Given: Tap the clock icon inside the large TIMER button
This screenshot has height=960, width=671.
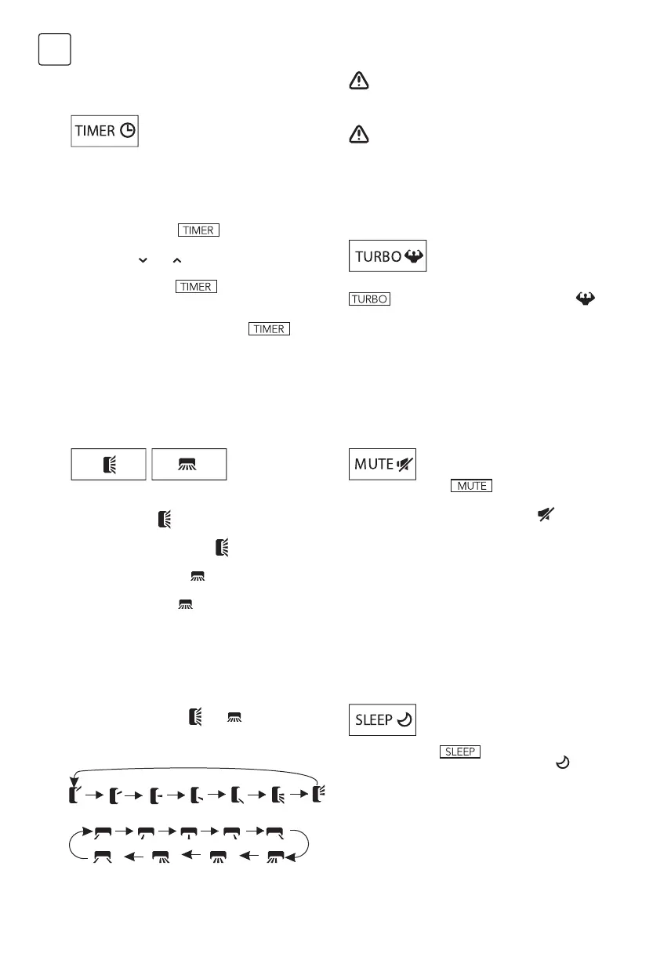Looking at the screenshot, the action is coord(126,132).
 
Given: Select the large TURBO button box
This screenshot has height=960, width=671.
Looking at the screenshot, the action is coord(387,256).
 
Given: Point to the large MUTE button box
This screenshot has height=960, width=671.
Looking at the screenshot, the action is coord(383,464).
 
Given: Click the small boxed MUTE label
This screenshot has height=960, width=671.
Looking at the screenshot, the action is coord(471,486).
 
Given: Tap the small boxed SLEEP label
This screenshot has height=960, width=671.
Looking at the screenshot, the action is coord(460,752).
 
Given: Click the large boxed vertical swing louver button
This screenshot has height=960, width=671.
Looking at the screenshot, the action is coord(109,464).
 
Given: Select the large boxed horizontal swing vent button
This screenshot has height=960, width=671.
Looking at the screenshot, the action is coord(189,464).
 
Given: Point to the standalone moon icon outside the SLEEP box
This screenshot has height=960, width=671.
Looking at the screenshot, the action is coord(561,761).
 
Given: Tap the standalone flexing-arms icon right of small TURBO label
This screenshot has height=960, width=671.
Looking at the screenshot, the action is coord(586,299).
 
